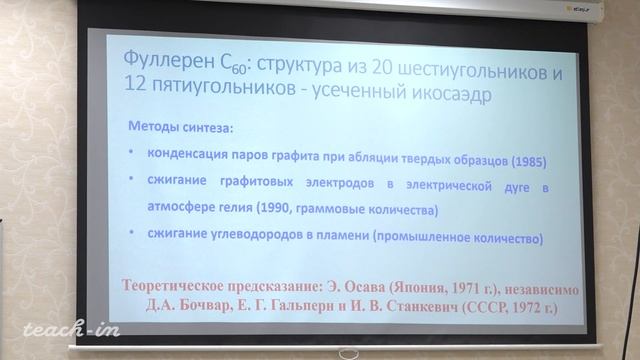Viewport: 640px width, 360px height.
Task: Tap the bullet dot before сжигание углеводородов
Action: tap(134, 238)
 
